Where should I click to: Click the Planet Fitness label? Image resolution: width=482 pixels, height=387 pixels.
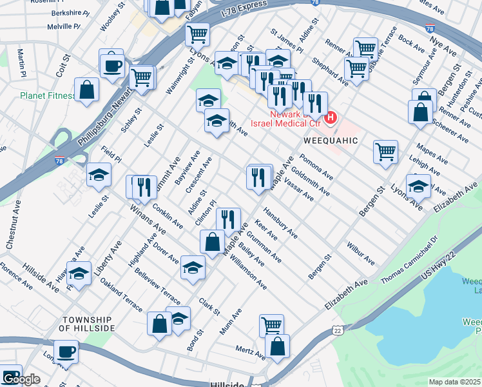(48, 95)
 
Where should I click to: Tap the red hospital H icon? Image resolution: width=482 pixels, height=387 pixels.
(331, 117)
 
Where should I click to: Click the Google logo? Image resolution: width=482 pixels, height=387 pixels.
(21, 379)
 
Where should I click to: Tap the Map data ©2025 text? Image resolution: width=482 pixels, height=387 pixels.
(454, 382)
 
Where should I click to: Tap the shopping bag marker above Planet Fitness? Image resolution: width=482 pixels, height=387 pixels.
(86, 90)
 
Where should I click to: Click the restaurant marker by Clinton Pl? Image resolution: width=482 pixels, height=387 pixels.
(228, 219)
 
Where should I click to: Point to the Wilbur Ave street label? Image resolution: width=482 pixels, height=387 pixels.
(360, 254)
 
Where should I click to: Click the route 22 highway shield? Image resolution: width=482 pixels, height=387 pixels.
(337, 330)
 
